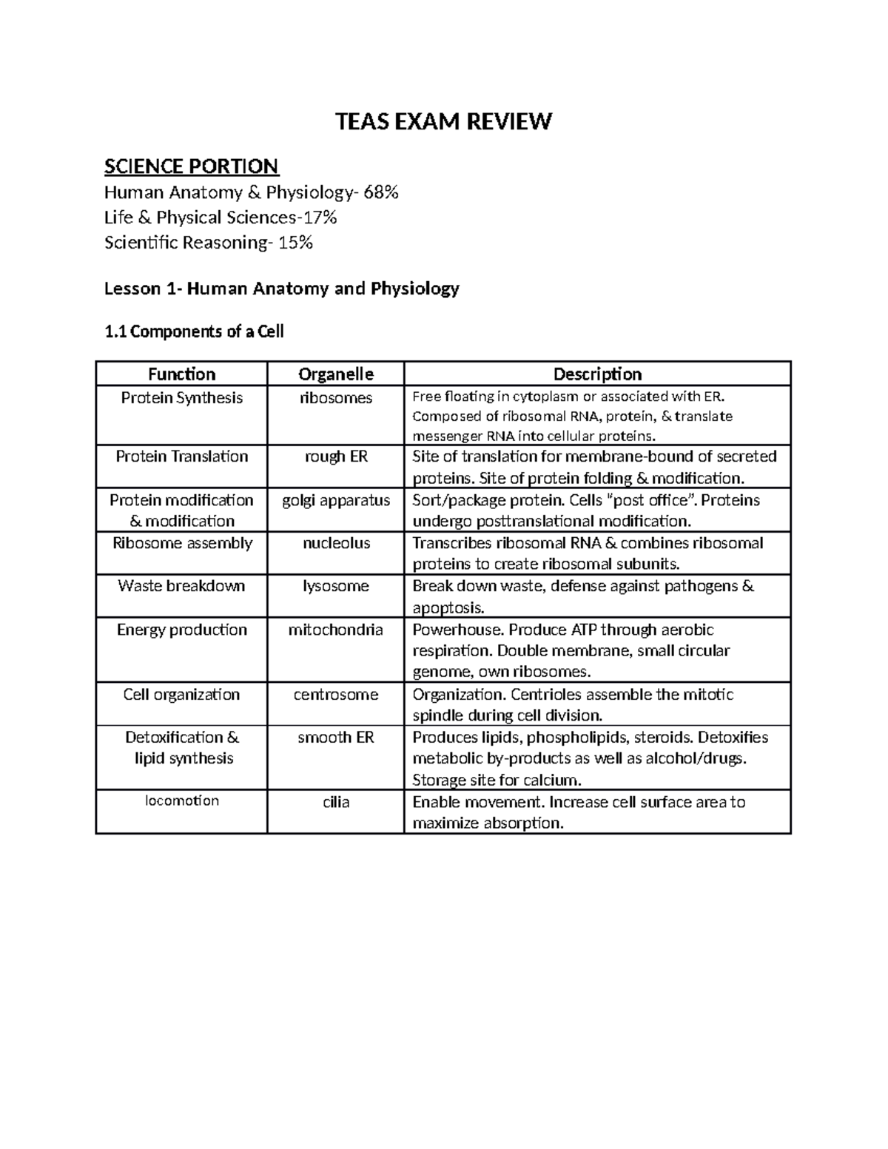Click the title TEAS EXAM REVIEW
[x=443, y=121]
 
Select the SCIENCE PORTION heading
[x=191, y=166]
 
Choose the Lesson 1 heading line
[x=281, y=289]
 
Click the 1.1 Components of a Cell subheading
[x=194, y=331]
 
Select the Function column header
[x=181, y=374]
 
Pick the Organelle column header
[x=335, y=374]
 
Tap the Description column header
[x=597, y=374]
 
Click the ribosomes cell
[x=335, y=398]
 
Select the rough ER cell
[x=335, y=456]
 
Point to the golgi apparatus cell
[x=335, y=500]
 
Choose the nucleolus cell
[x=335, y=543]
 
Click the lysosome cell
[x=335, y=586]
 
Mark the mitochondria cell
[x=335, y=630]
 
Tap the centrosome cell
[x=335, y=695]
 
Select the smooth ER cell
[x=335, y=738]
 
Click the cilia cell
[x=335, y=803]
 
